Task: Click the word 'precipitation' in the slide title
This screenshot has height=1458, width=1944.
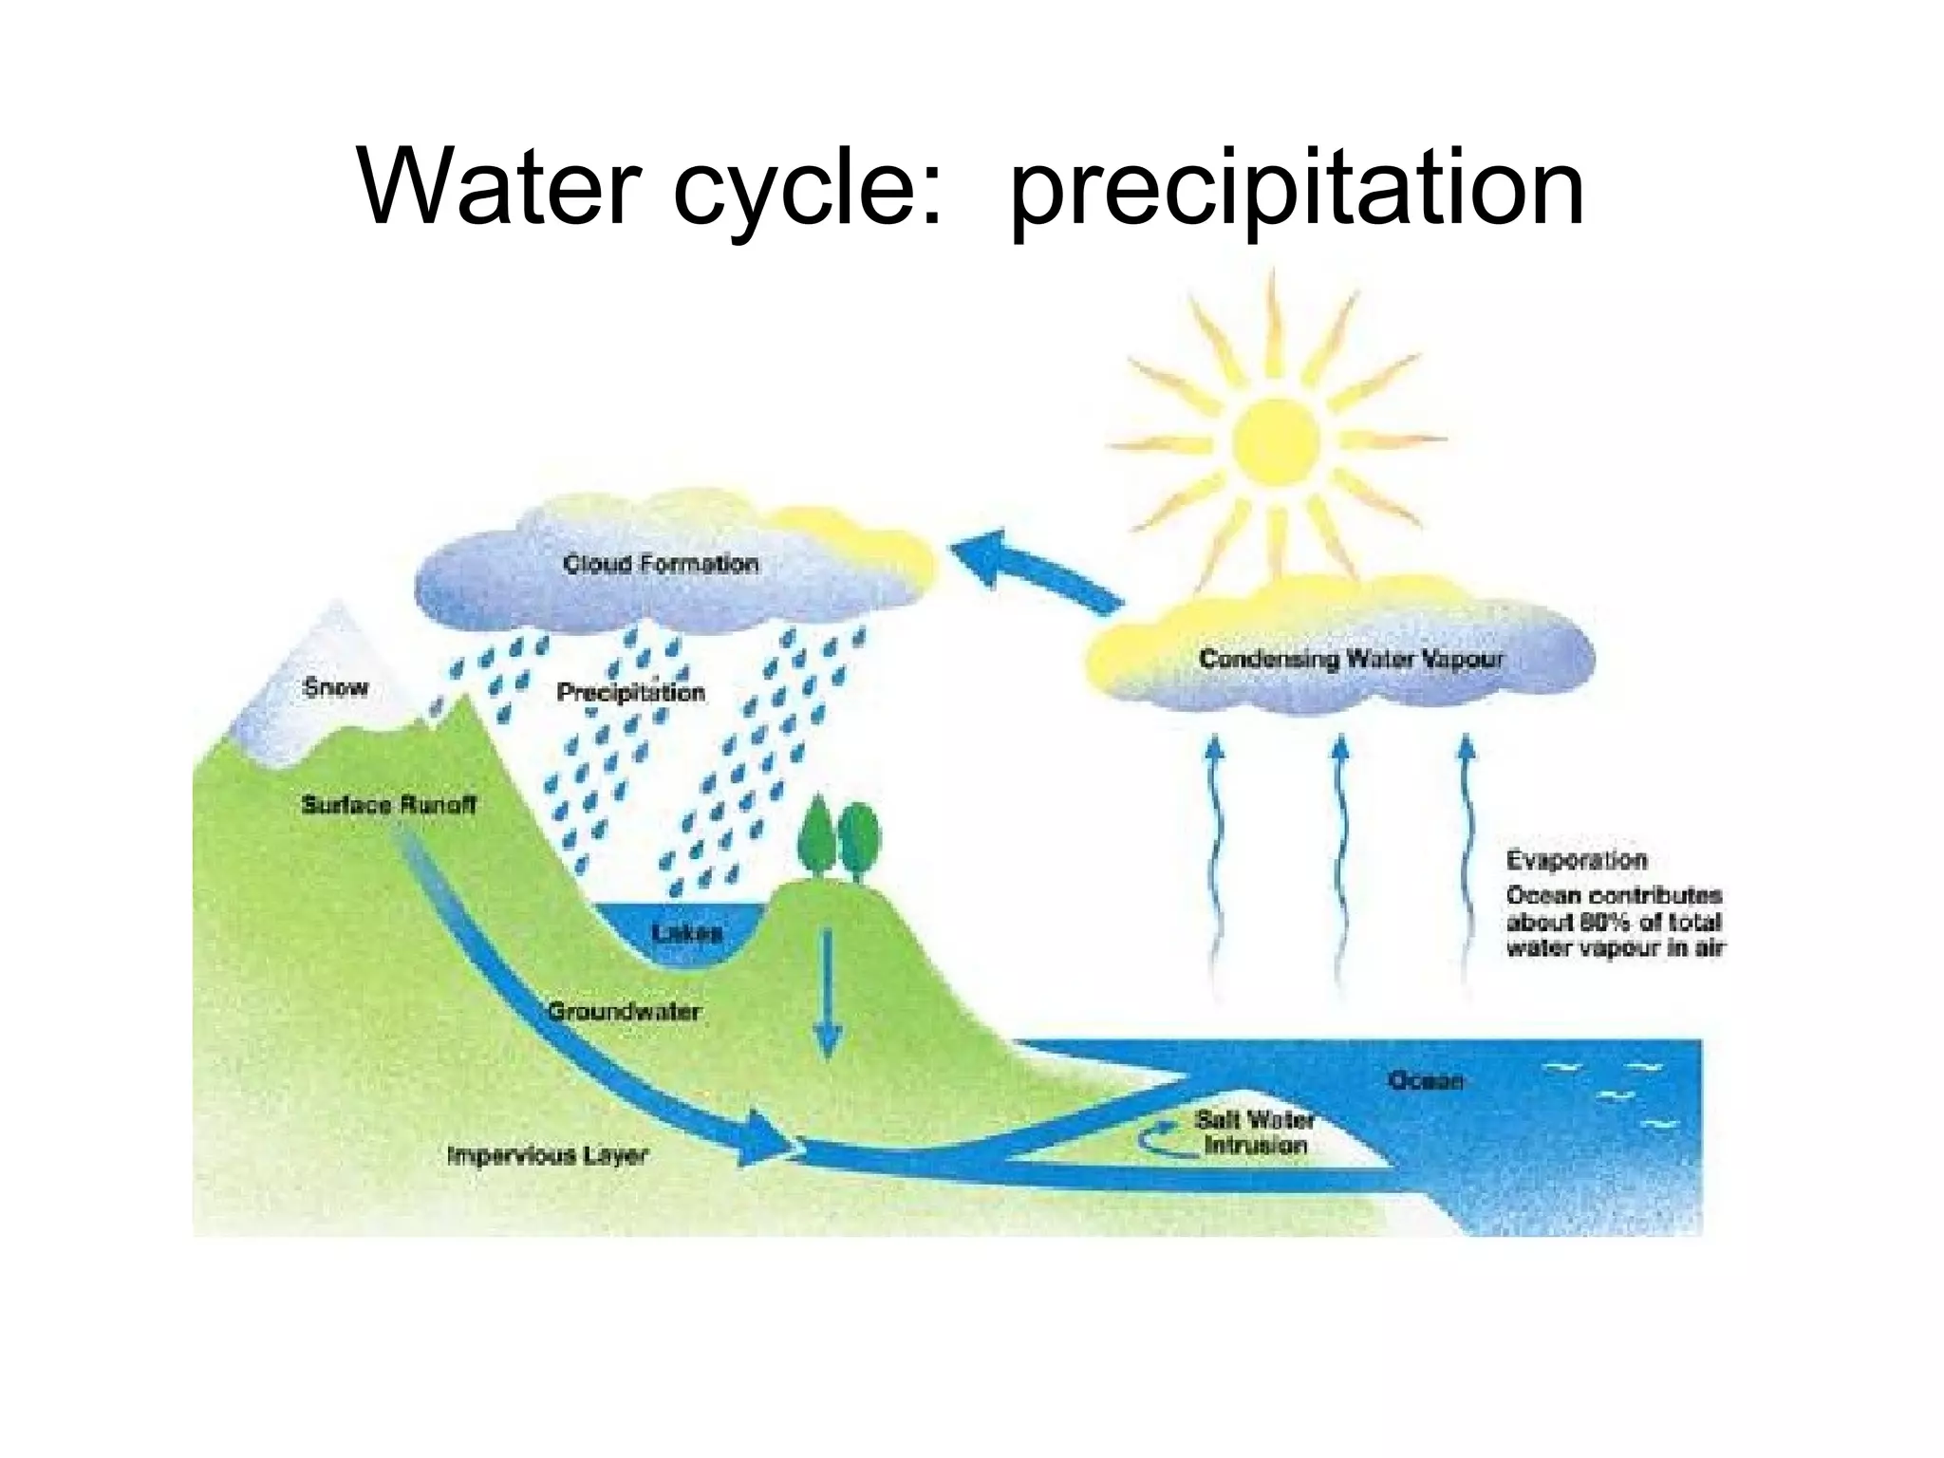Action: point(1297,190)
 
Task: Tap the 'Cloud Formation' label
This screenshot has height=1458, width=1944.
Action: point(661,564)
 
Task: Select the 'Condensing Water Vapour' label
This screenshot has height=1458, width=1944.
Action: point(1351,659)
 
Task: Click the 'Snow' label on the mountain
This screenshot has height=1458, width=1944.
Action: point(335,687)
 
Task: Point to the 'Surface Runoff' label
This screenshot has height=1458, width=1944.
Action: point(388,805)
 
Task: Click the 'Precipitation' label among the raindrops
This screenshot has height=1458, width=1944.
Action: point(630,692)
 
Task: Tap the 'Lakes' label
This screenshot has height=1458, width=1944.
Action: point(687,933)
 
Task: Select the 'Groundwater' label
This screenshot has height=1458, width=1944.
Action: point(624,1011)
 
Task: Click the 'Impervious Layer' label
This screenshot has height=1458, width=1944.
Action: point(548,1155)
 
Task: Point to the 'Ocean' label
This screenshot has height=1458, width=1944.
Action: point(1425,1080)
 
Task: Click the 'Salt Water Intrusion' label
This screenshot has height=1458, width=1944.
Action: point(1255,1132)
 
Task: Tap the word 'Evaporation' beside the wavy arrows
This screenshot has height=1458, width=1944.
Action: point(1576,860)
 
